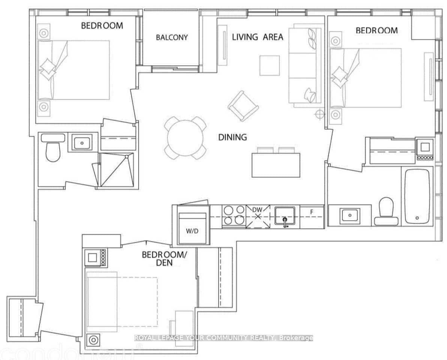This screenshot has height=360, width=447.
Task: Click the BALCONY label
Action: [172, 37]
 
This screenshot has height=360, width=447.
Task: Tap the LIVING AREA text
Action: [257, 37]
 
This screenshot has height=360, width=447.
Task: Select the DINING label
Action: [232, 137]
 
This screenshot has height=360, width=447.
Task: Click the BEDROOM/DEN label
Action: [164, 259]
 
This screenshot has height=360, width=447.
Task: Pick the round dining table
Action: [186, 137]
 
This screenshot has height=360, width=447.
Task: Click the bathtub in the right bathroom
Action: [416, 197]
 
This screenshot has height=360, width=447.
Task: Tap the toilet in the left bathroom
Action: [52, 148]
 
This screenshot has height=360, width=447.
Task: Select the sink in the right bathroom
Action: [349, 215]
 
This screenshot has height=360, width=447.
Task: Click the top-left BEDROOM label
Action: [102, 25]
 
